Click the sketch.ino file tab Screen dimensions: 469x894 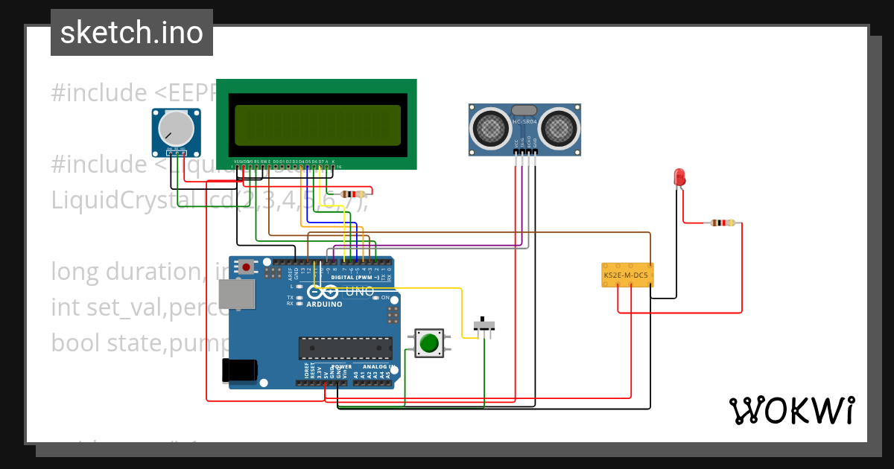pos(132,33)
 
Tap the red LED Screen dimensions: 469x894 pos(679,177)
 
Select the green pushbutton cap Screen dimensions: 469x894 pos(428,343)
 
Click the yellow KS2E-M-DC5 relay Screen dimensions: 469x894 pos(627,275)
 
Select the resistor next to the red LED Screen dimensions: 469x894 pos(722,223)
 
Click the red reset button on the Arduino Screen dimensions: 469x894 pos(246,266)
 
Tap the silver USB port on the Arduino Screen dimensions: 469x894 pos(242,295)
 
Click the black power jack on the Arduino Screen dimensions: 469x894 pos(240,371)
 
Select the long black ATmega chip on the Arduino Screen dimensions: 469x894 pos(346,348)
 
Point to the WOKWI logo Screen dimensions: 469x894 pos(791,410)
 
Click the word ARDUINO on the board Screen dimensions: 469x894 pos(323,304)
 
